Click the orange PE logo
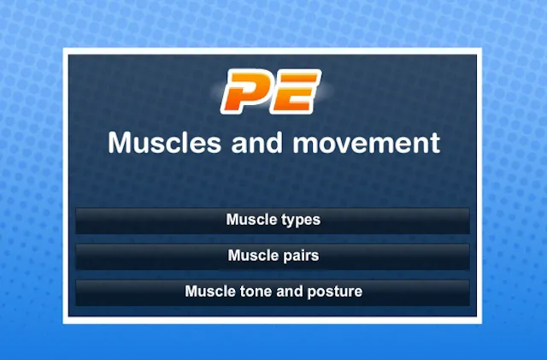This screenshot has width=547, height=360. pyautogui.click(x=271, y=91)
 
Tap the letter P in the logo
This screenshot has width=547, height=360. pyautogui.click(x=245, y=91)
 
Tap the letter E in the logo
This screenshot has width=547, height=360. pyautogui.click(x=297, y=91)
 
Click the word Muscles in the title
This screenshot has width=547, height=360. pyautogui.click(x=164, y=142)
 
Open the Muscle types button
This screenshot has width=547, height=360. pyautogui.click(x=273, y=221)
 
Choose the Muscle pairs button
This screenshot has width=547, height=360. pyautogui.click(x=273, y=257)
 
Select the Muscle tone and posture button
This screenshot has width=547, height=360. pyautogui.click(x=273, y=292)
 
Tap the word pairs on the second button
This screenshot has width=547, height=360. pyautogui.click(x=301, y=256)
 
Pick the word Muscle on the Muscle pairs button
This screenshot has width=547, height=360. pyautogui.click(x=253, y=256)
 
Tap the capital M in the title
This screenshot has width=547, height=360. pyautogui.click(x=120, y=142)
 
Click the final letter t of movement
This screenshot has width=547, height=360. pyautogui.click(x=436, y=143)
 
